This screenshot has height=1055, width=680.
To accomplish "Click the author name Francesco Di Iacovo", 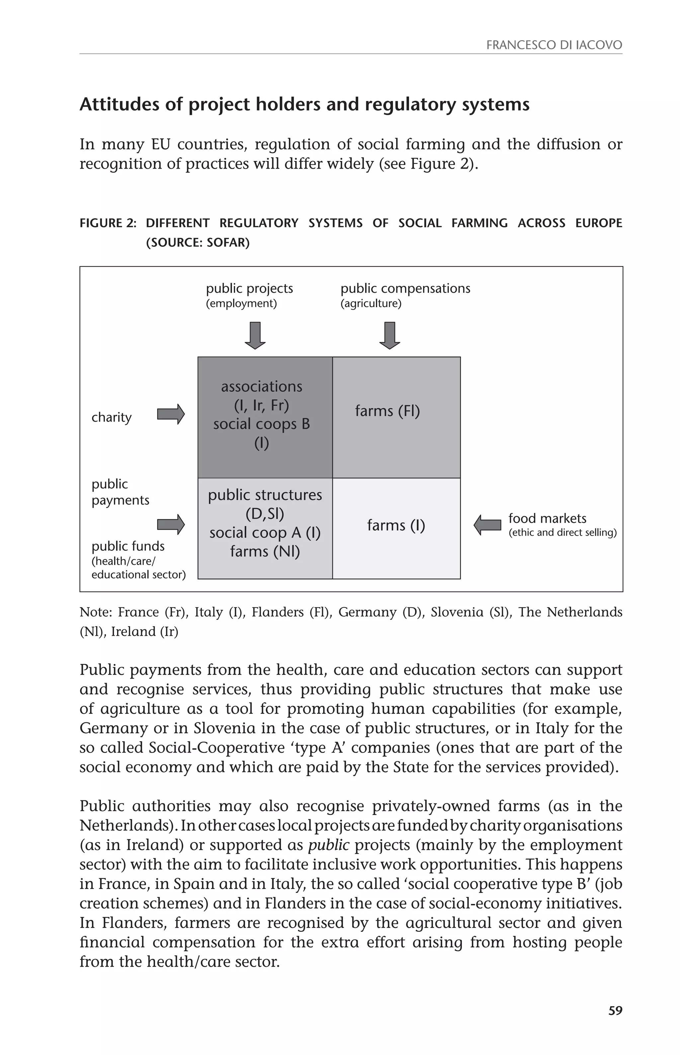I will click(554, 45).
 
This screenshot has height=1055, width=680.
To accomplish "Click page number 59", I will click(615, 1011).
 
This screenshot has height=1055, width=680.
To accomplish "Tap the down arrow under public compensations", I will click(389, 336).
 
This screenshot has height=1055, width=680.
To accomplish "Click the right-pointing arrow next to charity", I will click(171, 414).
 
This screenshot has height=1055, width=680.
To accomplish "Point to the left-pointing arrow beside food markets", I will click(487, 525).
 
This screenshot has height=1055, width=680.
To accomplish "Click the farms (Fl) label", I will click(387, 411).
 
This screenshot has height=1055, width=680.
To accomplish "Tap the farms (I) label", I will click(396, 525).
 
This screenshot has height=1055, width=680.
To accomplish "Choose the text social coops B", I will click(261, 424).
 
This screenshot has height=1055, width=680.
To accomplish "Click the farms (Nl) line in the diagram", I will click(265, 551).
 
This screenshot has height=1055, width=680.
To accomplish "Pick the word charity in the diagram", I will click(111, 417).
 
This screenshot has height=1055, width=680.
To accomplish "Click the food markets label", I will click(547, 518).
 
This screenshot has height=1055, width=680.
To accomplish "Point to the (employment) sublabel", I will click(241, 304).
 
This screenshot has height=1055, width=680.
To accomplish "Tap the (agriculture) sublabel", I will click(371, 304).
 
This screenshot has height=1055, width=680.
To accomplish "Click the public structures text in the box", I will click(265, 495).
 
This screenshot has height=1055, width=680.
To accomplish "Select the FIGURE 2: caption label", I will click(108, 223).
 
